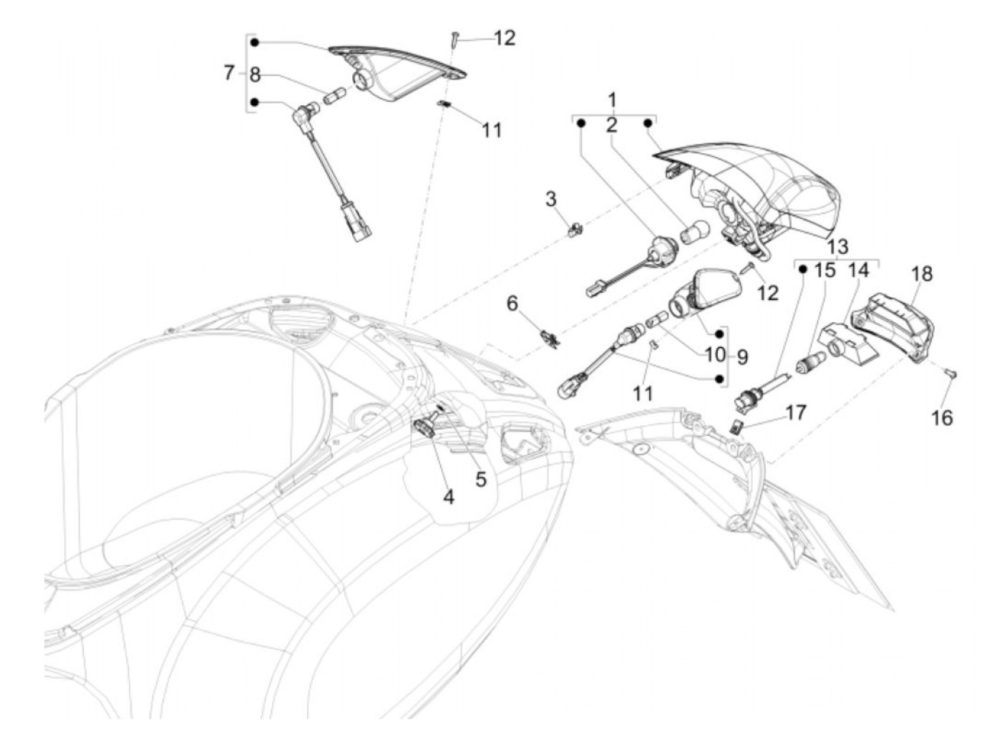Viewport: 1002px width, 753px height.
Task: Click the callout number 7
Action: click(229, 72)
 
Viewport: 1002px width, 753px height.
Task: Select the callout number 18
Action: click(922, 274)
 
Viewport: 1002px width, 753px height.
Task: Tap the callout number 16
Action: click(943, 417)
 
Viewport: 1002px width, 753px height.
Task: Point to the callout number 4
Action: click(448, 495)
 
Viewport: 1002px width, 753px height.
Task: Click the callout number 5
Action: click(480, 479)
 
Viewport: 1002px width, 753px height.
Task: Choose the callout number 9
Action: click(741, 356)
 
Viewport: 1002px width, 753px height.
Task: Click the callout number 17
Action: click(795, 413)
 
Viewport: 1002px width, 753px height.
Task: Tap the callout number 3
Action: click(551, 198)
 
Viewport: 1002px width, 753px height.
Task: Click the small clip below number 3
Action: click(574, 230)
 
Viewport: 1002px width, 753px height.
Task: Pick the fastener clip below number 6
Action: click(550, 336)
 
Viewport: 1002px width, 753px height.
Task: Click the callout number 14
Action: click(858, 271)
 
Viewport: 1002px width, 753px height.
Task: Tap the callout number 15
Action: click(825, 271)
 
